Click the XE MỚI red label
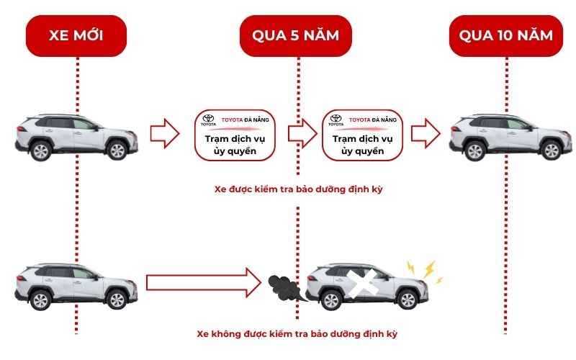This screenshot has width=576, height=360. tap(76, 35)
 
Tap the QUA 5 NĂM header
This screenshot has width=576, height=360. tap(296, 35)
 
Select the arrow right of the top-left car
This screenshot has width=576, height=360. tap(164, 134)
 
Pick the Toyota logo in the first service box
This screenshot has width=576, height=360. tap(208, 120)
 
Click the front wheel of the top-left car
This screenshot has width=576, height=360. tap(117, 150)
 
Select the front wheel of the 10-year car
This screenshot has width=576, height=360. tap(551, 150)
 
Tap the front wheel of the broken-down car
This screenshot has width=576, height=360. tap(408, 300)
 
